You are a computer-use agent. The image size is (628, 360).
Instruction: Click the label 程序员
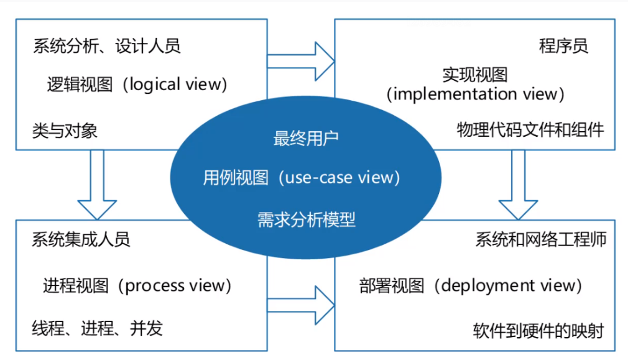(x=563, y=46)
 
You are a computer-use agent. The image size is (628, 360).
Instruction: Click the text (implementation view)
(x=475, y=94)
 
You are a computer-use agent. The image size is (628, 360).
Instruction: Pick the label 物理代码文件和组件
(x=530, y=130)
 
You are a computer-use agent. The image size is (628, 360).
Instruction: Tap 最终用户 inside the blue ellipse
(x=306, y=139)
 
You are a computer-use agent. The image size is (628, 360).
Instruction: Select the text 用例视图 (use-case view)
(x=302, y=178)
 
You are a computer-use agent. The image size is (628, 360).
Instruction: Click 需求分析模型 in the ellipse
(x=306, y=219)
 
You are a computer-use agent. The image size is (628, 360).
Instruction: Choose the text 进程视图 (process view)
(x=137, y=285)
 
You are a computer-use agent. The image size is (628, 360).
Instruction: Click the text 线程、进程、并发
(x=97, y=328)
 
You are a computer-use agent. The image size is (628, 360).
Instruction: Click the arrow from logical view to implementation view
(x=302, y=61)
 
